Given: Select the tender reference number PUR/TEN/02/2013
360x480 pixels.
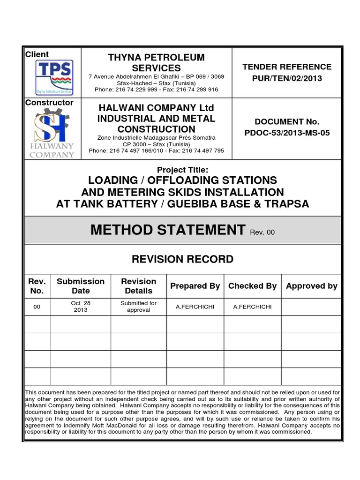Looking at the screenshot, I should [x=287, y=78].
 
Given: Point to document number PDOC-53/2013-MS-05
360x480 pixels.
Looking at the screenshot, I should [x=287, y=133].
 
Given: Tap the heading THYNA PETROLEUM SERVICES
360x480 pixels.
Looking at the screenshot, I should [x=157, y=63].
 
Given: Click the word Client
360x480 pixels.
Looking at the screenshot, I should [x=37, y=54].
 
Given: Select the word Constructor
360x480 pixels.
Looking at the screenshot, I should [x=49, y=102].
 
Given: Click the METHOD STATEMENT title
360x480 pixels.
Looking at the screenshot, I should [x=168, y=230].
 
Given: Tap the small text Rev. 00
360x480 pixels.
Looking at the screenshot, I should [x=262, y=232].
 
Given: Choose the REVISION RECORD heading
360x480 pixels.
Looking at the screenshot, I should [x=182, y=259].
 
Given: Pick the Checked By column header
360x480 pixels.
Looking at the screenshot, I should [x=252, y=286].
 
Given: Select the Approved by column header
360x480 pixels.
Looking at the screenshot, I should [x=311, y=286].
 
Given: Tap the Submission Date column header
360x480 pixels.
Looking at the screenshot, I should [x=81, y=286].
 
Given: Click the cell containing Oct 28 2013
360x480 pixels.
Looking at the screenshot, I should [x=81, y=307].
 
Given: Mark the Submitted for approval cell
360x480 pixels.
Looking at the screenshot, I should [x=138, y=307].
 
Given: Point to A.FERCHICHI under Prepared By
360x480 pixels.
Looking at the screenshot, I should [x=195, y=307].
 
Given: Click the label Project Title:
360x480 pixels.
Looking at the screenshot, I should [x=182, y=170].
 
